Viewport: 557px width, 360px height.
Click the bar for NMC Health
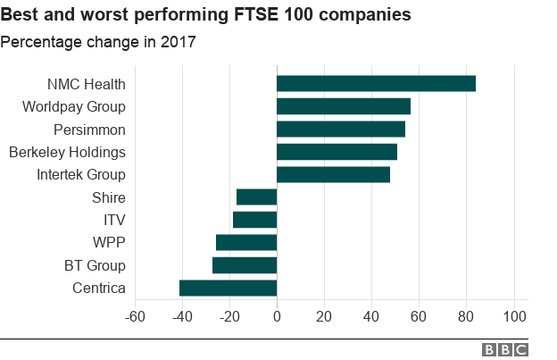[x=376, y=84]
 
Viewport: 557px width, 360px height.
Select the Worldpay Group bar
[x=344, y=106]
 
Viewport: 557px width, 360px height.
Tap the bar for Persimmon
[x=341, y=129]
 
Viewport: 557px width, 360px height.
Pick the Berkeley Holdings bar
[x=337, y=152]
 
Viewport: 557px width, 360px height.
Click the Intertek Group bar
[x=333, y=174]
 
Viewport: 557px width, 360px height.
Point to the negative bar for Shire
[x=256, y=197]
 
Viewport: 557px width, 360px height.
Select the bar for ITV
[x=254, y=220]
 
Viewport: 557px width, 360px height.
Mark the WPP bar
[x=246, y=242]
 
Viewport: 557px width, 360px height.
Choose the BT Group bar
[x=245, y=265]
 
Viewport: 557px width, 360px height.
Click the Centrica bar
[x=228, y=288]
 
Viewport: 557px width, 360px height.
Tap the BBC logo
[x=505, y=350]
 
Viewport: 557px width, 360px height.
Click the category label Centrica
[x=98, y=288]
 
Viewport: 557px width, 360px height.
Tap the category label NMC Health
[x=86, y=85]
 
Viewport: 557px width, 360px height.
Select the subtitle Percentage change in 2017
[x=97, y=42]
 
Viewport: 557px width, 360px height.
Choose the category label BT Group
[x=95, y=265]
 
